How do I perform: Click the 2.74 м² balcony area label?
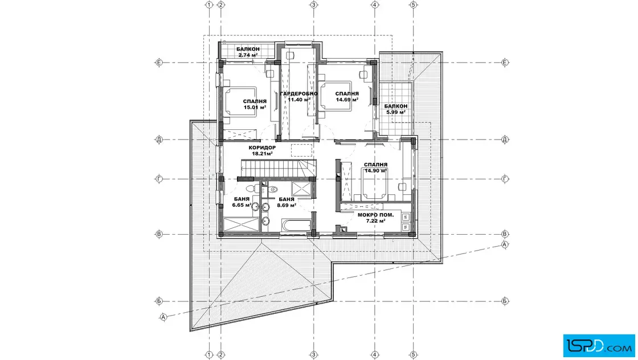248,55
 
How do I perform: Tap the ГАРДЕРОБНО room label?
298,93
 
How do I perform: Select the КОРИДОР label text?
262,148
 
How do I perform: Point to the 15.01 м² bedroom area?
255,108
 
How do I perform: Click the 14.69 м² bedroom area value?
347,99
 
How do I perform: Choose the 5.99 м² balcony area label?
395,112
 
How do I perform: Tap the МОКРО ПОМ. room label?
375,215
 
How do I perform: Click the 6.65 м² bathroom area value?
242,205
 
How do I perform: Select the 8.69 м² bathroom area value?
287,205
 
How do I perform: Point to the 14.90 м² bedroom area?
375,171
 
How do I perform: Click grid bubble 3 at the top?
314,5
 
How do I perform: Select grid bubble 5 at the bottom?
414,355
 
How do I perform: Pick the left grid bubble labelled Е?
159,63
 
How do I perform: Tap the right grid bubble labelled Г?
505,179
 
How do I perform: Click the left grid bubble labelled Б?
159,301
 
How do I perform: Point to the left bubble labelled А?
163,317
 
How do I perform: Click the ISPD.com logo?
599,346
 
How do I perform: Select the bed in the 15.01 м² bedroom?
240,102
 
